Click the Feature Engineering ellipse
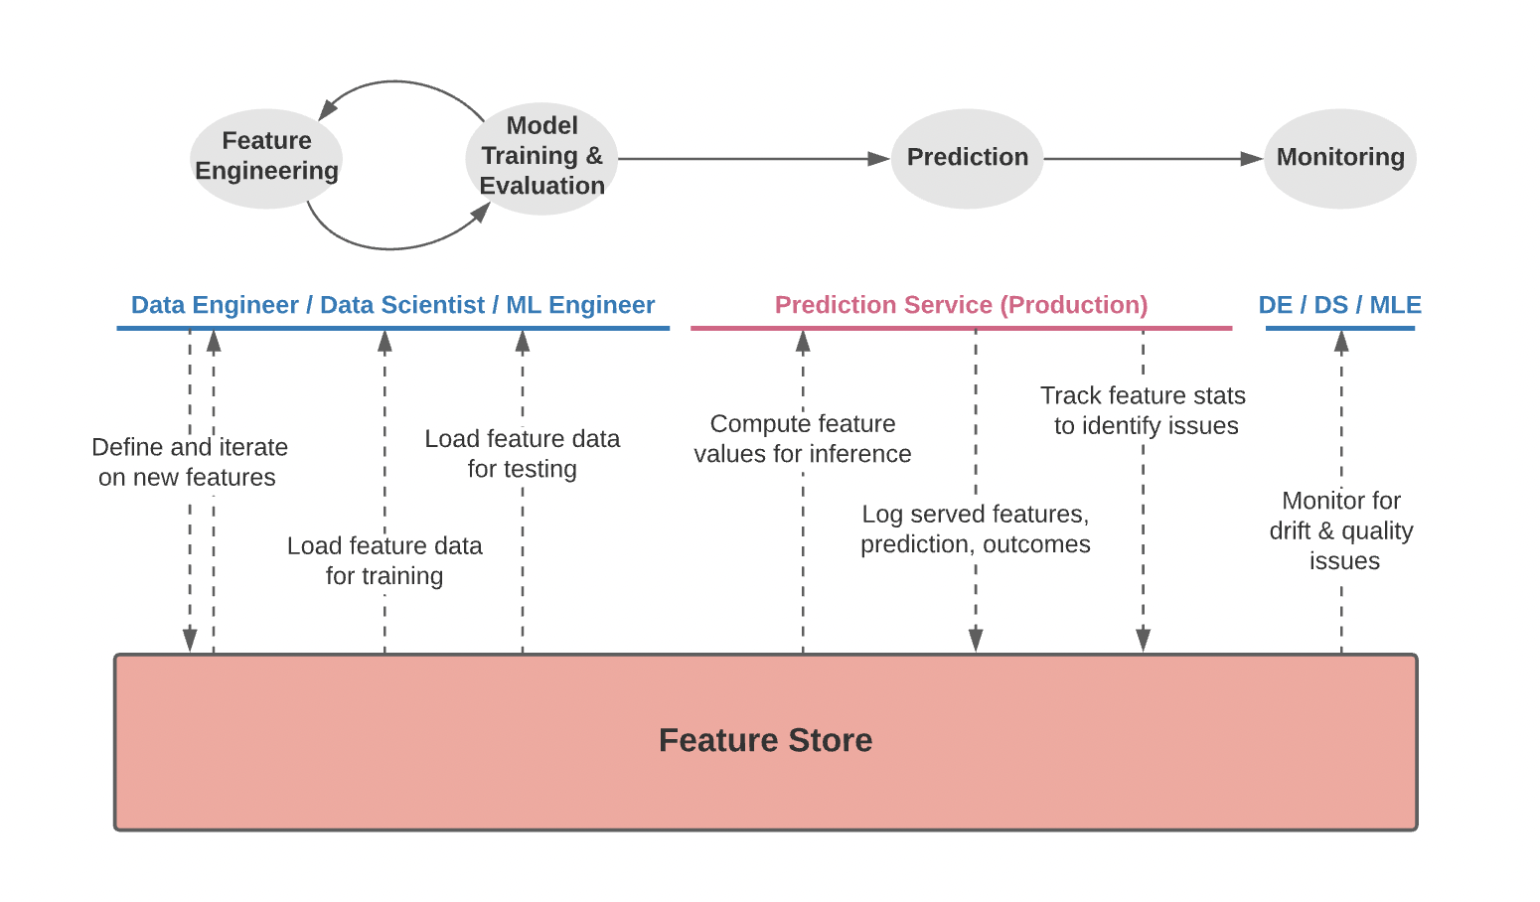266,158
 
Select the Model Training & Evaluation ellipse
541,157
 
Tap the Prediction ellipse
967,158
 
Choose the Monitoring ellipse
1339,158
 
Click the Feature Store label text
765,740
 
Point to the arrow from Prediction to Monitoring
1153,159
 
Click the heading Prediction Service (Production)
961,305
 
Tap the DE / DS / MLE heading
1339,305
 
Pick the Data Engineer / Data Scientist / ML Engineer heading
392,305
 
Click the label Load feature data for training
385,560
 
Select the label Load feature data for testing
522,454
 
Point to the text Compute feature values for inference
803,439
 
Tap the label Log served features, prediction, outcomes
975,528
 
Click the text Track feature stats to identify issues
1144,410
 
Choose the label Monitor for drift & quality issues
1341,530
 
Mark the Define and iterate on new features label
189,462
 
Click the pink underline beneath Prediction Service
961,328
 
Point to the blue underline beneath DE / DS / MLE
1339,328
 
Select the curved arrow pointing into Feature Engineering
397,83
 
